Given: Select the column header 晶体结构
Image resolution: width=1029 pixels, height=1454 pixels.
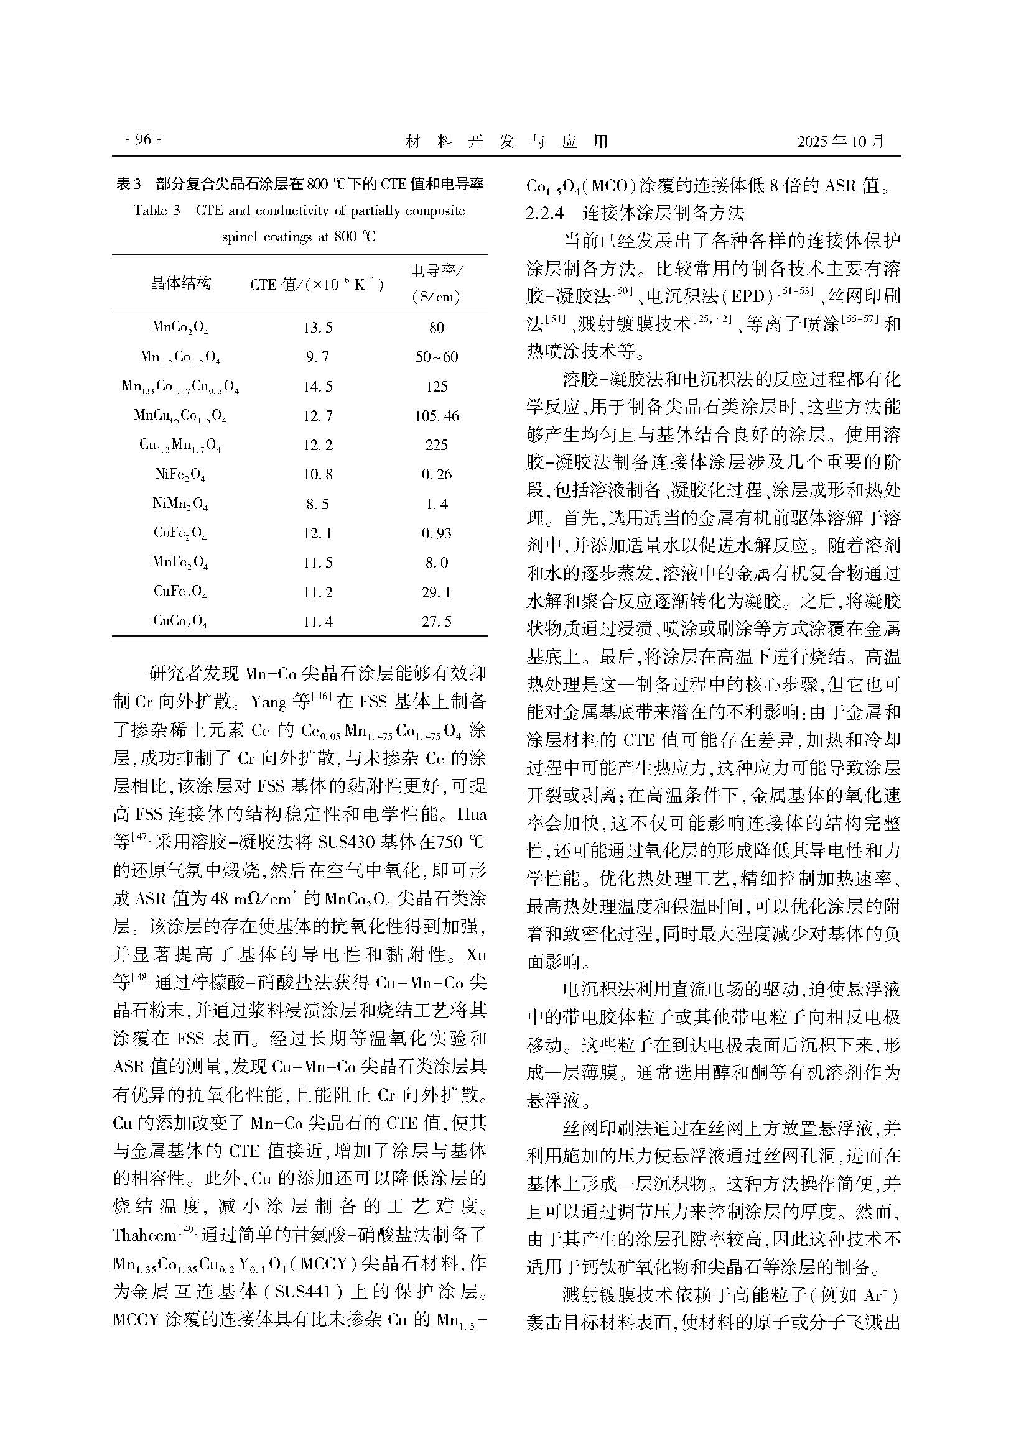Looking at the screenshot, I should (180, 283).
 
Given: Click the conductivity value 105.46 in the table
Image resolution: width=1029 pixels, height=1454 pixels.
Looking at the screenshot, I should (437, 416).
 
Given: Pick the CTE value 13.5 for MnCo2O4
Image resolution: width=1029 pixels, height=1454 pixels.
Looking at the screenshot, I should (317, 328).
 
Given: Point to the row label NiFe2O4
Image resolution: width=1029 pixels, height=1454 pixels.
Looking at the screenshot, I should (180, 474).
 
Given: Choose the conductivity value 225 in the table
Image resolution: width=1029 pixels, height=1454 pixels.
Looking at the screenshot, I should (437, 445).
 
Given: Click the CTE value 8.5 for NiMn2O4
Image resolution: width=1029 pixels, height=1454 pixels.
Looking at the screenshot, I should (317, 504).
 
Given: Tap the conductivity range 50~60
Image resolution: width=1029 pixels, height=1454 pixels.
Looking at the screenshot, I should (437, 357).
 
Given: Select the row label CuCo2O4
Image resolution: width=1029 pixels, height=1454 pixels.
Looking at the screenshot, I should (180, 621).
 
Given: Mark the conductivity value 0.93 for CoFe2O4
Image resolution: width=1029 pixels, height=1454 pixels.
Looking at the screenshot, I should (437, 533).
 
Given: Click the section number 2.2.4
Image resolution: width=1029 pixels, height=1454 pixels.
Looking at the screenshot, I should (545, 213).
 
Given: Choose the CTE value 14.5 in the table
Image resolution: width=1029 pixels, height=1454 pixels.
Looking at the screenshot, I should (317, 386).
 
